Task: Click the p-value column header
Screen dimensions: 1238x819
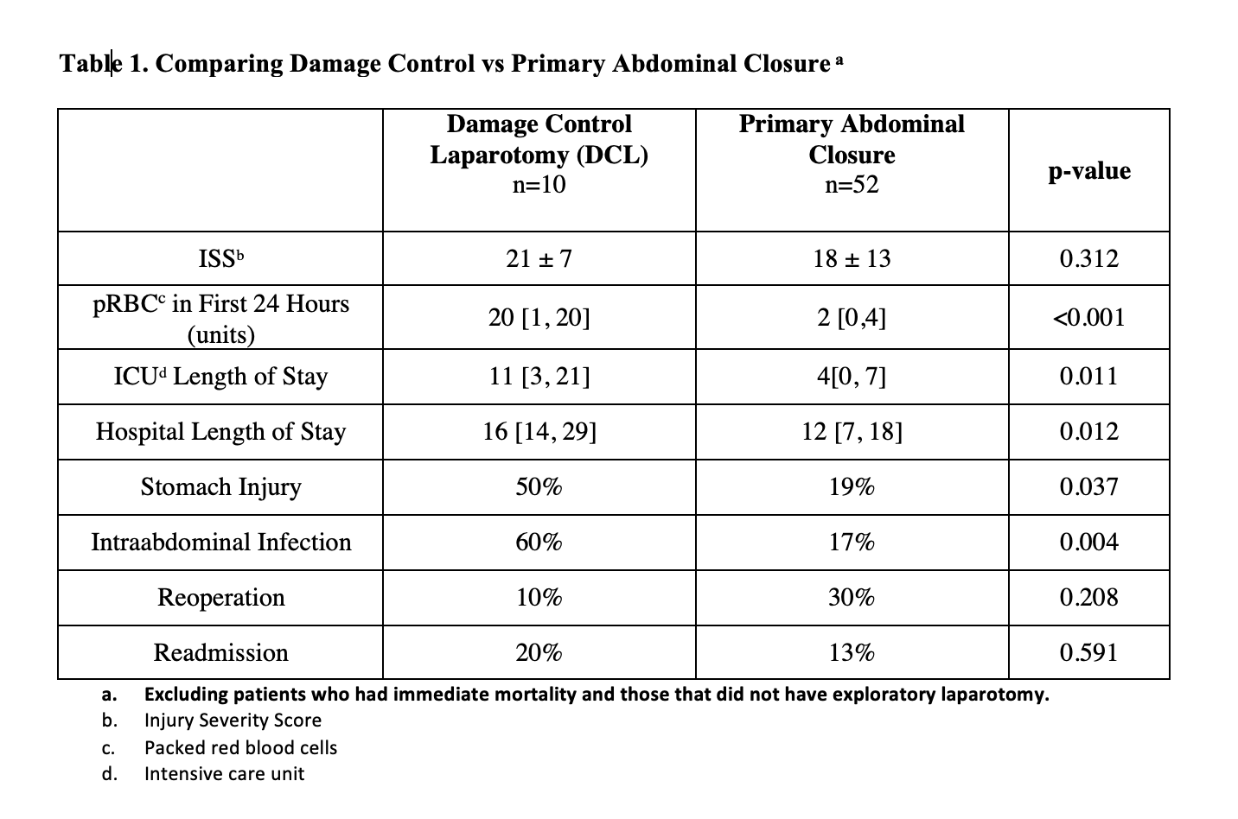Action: point(1089,171)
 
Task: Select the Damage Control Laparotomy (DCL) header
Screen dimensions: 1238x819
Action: point(539,139)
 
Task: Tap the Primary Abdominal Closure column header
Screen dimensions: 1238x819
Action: point(852,139)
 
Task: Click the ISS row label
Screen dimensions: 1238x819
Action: point(221,258)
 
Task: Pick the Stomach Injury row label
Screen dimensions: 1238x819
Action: point(221,487)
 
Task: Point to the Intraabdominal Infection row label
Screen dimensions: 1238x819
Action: point(221,543)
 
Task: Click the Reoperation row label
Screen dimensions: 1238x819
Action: point(221,598)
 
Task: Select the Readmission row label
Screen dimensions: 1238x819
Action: point(221,653)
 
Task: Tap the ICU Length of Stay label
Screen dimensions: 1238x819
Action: point(221,377)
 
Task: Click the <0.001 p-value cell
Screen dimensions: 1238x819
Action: point(1088,318)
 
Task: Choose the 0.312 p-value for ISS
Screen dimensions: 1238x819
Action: point(1088,258)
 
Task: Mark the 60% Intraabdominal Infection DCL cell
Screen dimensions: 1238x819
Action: point(539,543)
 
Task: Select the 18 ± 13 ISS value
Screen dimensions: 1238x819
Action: point(852,258)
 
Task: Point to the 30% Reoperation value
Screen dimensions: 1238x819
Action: point(852,598)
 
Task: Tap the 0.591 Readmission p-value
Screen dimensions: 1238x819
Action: point(1088,653)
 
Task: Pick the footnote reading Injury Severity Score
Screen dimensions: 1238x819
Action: point(233,721)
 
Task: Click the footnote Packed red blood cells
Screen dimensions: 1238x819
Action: point(240,748)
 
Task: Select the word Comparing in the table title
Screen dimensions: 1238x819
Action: point(219,65)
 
